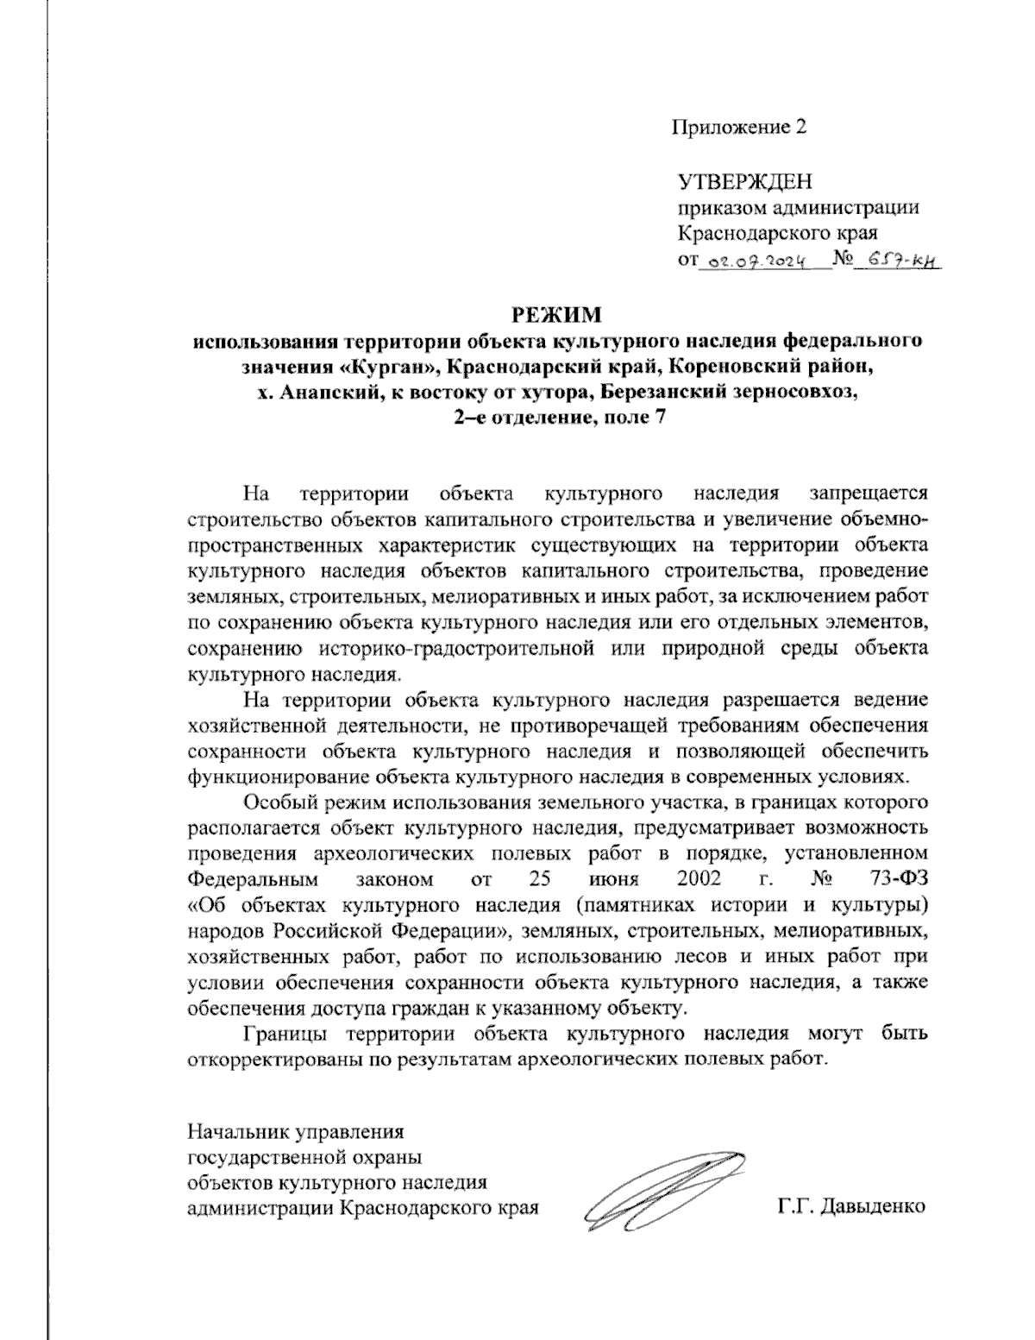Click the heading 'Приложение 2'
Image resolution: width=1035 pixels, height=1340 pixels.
(x=741, y=128)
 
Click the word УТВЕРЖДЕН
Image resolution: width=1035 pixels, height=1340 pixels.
(x=745, y=181)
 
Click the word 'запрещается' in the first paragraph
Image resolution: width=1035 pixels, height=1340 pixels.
(x=869, y=494)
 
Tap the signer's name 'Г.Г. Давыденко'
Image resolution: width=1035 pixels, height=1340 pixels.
(x=850, y=1206)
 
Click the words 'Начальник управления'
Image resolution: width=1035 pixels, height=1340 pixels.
(x=296, y=1129)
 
